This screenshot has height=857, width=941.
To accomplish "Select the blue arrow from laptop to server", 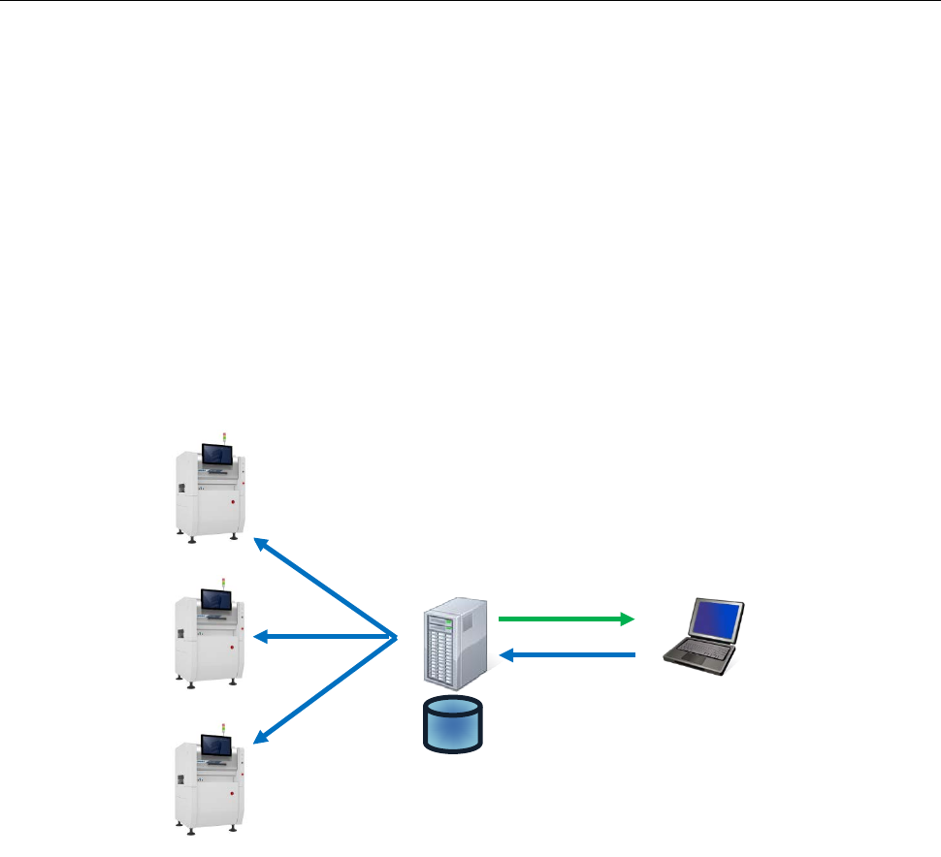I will tap(568, 656).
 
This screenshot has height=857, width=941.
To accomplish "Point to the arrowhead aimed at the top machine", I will tap(260, 545).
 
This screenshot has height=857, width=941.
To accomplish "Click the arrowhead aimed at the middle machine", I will tap(260, 637).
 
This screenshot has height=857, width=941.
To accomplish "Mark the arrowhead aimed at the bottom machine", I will tap(260, 739).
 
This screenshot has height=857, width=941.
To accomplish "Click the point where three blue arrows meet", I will tap(397, 637).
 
